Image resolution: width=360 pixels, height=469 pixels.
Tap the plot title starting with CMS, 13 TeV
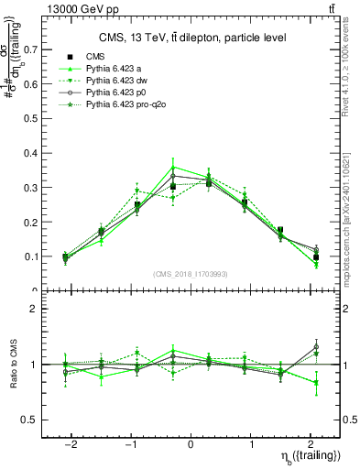[192, 38]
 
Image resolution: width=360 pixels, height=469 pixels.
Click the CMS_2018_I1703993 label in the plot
[191, 273]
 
